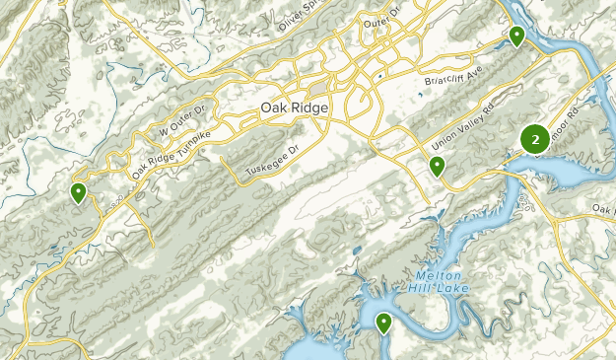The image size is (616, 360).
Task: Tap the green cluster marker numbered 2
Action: coord(534,141)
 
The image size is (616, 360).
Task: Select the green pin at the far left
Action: coord(78,192)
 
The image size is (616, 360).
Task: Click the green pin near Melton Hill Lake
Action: coord(383,322)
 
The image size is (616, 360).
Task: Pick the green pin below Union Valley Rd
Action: coord(437,166)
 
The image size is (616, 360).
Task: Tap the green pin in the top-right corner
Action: coord(516,36)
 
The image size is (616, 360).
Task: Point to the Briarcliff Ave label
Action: coord(451,75)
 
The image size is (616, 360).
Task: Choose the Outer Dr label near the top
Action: coord(379,18)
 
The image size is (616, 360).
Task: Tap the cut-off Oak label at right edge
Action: coord(603,208)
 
